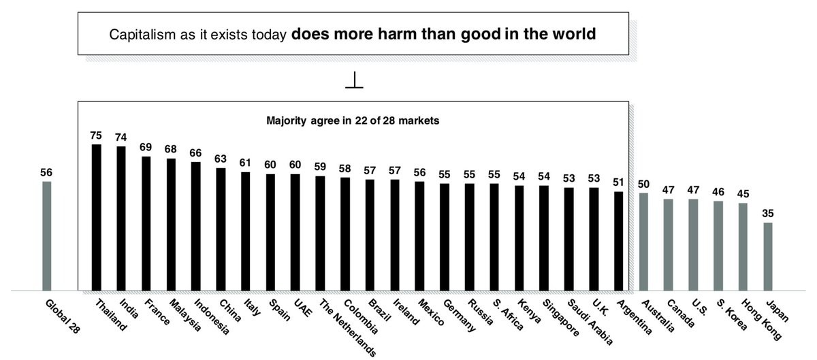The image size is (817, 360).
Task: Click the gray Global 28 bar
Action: click(46, 235)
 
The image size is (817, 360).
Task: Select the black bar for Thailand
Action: click(97, 217)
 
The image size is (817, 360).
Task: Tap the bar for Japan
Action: click(768, 256)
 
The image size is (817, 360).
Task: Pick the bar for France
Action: click(146, 223)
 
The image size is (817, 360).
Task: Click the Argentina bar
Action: click(618, 241)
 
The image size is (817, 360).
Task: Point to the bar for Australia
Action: click(643, 242)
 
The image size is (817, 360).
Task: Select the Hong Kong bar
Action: click(743, 246)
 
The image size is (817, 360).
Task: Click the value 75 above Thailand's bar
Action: click(96, 135)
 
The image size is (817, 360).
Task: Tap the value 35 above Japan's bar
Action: click(768, 214)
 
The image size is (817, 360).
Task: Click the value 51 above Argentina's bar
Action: click(618, 182)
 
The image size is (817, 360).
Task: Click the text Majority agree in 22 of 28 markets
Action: click(352, 122)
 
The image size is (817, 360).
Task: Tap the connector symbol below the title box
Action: click(354, 81)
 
